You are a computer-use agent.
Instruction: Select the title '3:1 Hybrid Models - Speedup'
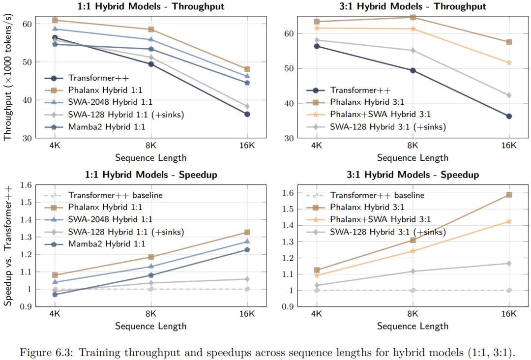(413, 175)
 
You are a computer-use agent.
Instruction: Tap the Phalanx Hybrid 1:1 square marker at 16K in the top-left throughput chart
(247, 69)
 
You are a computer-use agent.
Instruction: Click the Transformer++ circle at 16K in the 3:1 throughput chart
(509, 116)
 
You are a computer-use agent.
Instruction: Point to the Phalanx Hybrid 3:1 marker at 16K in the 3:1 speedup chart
(509, 195)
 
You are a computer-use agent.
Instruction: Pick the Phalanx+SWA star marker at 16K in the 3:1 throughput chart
(509, 63)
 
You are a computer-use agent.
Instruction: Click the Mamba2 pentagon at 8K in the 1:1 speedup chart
(151, 275)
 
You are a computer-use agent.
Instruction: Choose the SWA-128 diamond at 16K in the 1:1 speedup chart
(247, 279)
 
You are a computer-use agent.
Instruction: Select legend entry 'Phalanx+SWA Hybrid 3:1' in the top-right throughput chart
(380, 115)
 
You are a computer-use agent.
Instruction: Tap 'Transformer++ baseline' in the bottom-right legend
(377, 195)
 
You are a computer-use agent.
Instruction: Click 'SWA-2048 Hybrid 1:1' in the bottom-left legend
(110, 219)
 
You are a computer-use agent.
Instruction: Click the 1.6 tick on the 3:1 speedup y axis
(289, 193)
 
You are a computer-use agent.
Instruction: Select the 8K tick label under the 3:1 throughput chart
(413, 146)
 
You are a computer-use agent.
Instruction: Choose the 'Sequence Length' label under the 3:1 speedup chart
(413, 326)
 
